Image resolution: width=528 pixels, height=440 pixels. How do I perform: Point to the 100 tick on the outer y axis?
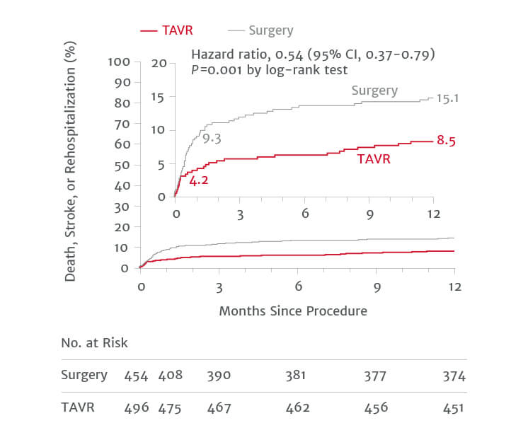pyautogui.click(x=119, y=62)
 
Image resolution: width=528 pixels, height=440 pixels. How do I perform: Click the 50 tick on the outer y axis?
pyautogui.click(x=122, y=165)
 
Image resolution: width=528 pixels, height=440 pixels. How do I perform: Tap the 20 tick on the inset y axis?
pyautogui.click(x=163, y=64)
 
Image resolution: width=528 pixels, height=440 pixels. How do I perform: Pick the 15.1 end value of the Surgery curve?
pyautogui.click(x=448, y=98)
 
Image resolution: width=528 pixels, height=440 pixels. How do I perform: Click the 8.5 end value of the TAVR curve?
pyautogui.click(x=445, y=141)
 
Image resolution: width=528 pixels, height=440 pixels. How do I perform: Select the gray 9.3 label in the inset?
pyautogui.click(x=212, y=139)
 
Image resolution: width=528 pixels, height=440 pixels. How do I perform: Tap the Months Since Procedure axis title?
pyautogui.click(x=293, y=311)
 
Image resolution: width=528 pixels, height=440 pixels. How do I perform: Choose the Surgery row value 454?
pyautogui.click(x=135, y=376)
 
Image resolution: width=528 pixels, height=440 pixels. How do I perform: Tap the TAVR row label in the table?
pyautogui.click(x=78, y=407)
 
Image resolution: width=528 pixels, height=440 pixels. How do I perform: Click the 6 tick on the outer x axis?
pyautogui.click(x=298, y=286)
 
